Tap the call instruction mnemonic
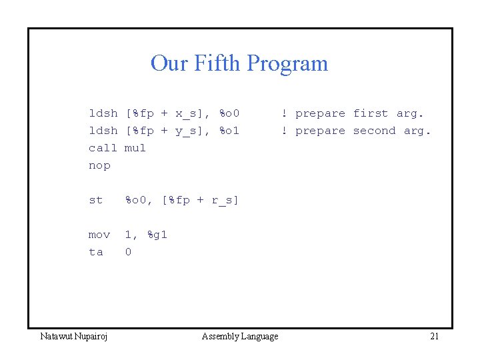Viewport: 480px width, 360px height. (103, 148)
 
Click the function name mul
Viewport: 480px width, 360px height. (135, 148)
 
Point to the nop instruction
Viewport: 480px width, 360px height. (99, 165)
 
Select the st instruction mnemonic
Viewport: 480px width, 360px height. (96, 200)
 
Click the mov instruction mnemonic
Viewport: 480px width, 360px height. (99, 235)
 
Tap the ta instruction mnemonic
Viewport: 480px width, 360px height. (96, 252)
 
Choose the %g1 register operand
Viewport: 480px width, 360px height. (157, 235)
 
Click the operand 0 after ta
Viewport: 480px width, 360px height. (129, 252)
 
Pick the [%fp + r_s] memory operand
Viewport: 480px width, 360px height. (200, 200)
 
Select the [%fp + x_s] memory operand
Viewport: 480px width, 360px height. (168, 113)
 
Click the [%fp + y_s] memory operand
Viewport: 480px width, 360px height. (168, 131)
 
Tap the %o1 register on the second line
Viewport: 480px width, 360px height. (229, 131)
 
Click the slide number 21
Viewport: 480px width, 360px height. (434, 337)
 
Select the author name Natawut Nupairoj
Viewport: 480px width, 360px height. (75, 337)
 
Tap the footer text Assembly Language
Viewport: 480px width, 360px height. (240, 337)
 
